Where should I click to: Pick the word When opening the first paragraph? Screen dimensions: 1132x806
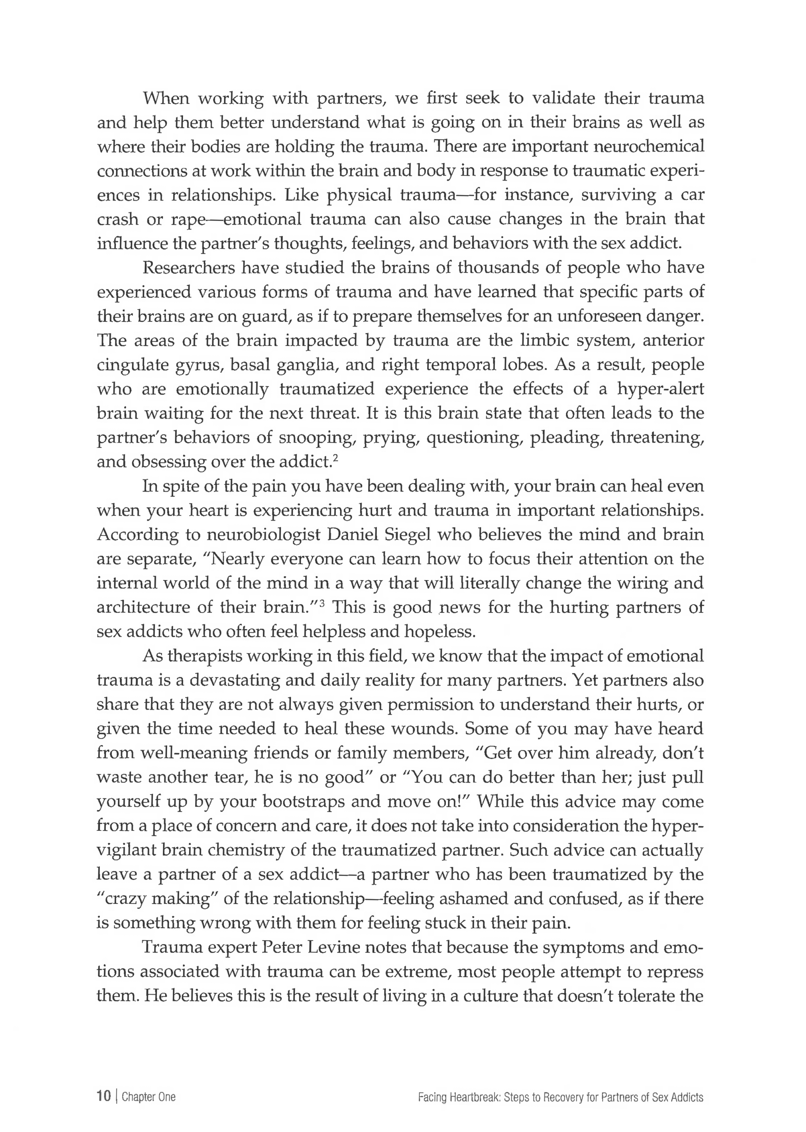166,98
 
